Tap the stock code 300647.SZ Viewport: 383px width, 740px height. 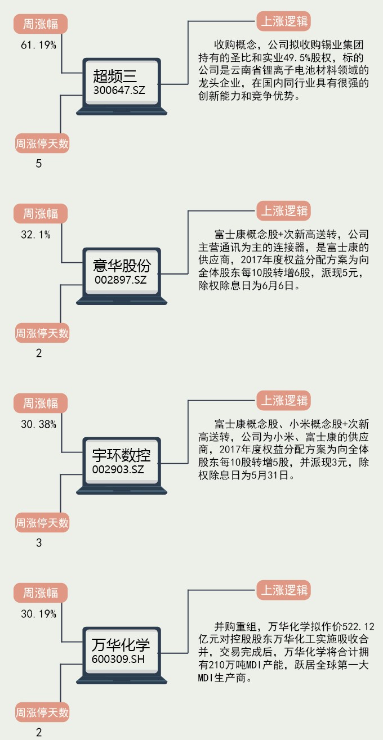tap(119, 89)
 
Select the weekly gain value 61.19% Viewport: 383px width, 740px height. tap(38, 46)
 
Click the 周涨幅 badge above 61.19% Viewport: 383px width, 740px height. tap(40, 24)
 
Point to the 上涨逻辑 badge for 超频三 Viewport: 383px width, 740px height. tap(284, 21)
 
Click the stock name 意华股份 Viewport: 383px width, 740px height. tap(122, 266)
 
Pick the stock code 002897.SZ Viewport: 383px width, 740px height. tap(120, 279)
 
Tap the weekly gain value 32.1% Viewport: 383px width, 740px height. tap(35, 235)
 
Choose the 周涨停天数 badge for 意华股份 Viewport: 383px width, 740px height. tap(42, 333)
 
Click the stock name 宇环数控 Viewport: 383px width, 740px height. tap(122, 455)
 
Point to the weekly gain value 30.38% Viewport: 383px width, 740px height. tap(38, 424)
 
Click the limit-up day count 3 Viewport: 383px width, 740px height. tap(39, 543)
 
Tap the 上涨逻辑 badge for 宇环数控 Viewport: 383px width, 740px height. tap(284, 401)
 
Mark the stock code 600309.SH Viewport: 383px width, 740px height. tap(119, 658)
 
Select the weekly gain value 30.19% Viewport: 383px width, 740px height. tap(38, 614)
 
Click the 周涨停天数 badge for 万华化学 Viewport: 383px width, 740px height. tap(42, 712)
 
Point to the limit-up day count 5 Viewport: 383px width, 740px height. tap(39, 164)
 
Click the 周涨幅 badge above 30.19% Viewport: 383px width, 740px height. tap(40, 593)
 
